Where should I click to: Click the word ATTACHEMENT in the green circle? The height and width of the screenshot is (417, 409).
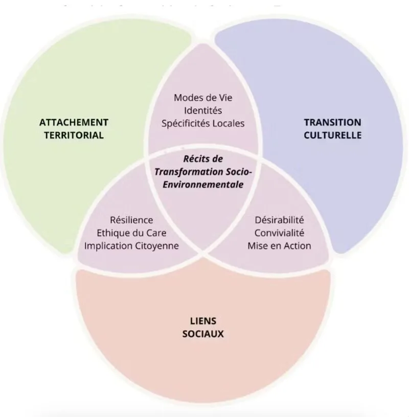pyautogui.click(x=74, y=123)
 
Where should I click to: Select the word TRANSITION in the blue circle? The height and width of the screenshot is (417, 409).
pyautogui.click(x=332, y=123)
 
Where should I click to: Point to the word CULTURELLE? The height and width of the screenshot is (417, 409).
pyautogui.click(x=332, y=135)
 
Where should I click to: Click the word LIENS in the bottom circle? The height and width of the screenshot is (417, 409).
pyautogui.click(x=203, y=321)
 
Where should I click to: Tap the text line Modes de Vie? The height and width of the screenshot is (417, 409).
pyautogui.click(x=202, y=98)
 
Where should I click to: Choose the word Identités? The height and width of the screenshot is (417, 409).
pyautogui.click(x=202, y=110)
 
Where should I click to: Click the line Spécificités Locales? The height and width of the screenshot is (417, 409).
pyautogui.click(x=202, y=123)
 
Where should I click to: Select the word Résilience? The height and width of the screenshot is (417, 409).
pyautogui.click(x=131, y=220)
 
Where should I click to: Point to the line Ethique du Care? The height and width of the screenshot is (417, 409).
pyautogui.click(x=131, y=233)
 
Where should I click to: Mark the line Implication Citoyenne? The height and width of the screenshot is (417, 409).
pyautogui.click(x=131, y=246)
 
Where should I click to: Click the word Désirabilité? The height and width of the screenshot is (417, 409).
pyautogui.click(x=279, y=220)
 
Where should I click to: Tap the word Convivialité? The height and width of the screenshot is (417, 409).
pyautogui.click(x=279, y=233)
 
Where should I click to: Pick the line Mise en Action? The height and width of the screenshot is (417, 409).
pyautogui.click(x=279, y=246)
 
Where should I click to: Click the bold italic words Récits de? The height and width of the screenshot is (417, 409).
pyautogui.click(x=203, y=159)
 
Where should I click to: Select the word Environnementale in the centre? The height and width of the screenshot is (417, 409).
pyautogui.click(x=203, y=184)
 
